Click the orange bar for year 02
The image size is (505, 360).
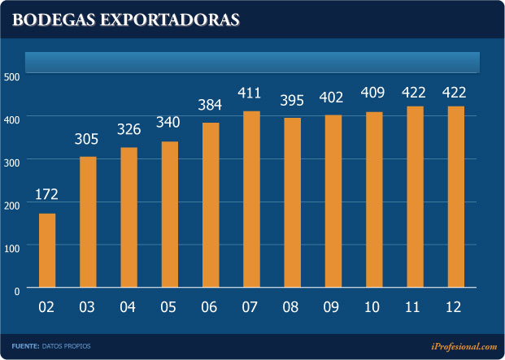click(x=47, y=250)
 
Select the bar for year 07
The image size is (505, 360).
click(x=251, y=199)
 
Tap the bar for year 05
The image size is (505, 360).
click(x=169, y=215)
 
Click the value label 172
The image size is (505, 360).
click(x=47, y=195)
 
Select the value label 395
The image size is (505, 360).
click(x=292, y=100)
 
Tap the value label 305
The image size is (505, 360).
click(x=88, y=139)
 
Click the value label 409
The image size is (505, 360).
click(x=373, y=94)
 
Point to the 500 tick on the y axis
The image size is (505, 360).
click(x=12, y=76)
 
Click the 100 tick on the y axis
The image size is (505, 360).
click(x=12, y=245)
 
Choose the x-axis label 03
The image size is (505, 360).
click(x=88, y=307)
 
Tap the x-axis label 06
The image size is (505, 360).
click(x=210, y=307)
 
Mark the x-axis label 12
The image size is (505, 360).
click(x=455, y=307)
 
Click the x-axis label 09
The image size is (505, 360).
click(x=333, y=307)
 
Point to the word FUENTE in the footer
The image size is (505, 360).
click(x=25, y=346)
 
